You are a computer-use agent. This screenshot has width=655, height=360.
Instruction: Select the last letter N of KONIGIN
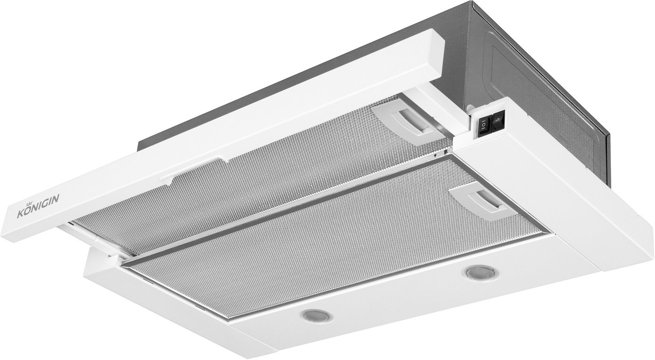(x=56, y=200)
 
